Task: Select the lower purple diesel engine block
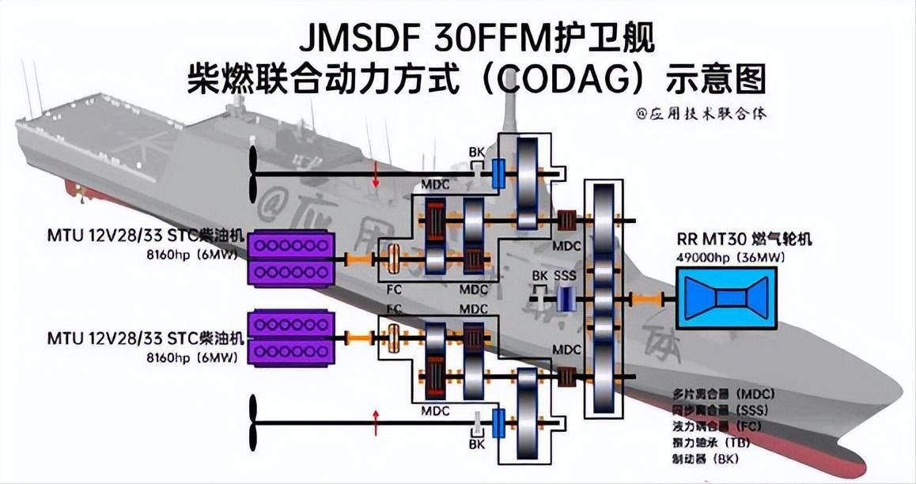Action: point(289,338)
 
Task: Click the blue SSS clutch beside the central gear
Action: point(565,298)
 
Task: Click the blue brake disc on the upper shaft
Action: point(498,173)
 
